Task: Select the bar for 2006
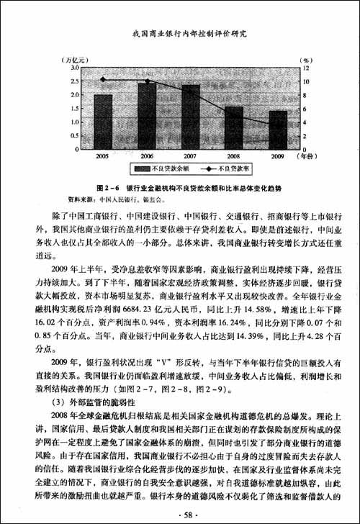point(148,115)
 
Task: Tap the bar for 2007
point(191,117)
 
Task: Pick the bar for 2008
point(234,127)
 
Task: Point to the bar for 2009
point(278,130)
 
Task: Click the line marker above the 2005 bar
point(103,79)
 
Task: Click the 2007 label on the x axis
point(191,155)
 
